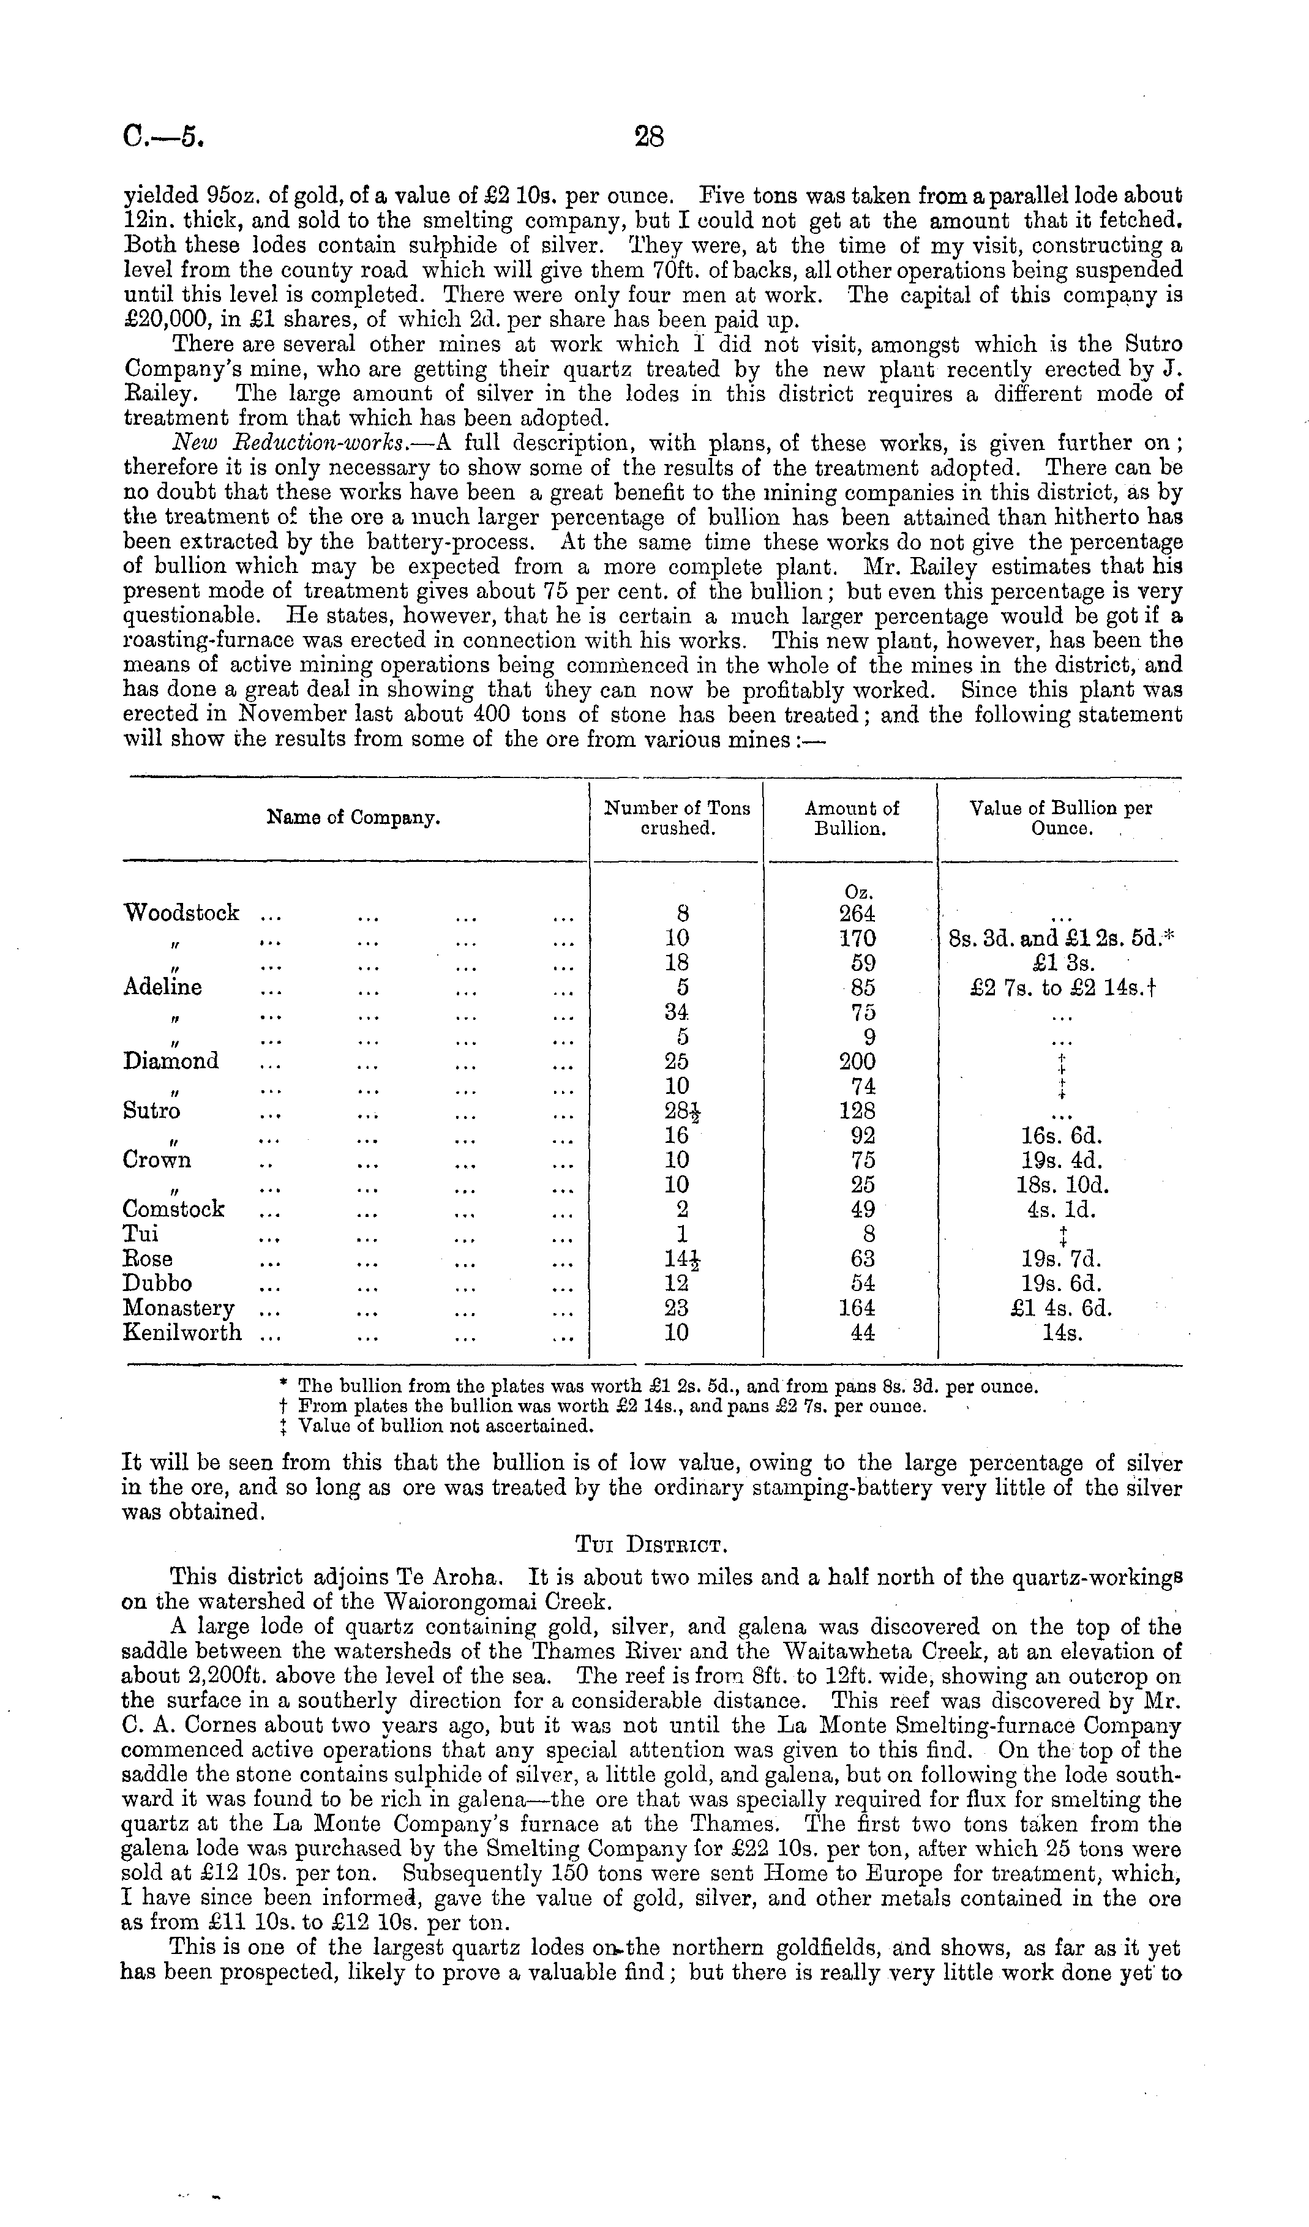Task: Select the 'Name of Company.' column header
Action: pyautogui.click(x=353, y=818)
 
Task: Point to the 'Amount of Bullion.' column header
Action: pyautogui.click(x=851, y=818)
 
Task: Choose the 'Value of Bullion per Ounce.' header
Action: pyautogui.click(x=1060, y=818)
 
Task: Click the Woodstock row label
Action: pyautogui.click(x=181, y=913)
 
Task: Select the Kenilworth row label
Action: pyautogui.click(x=182, y=1333)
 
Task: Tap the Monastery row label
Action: pyautogui.click(x=179, y=1308)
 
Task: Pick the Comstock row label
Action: pyautogui.click(x=174, y=1209)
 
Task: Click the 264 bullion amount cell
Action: pyautogui.click(x=857, y=913)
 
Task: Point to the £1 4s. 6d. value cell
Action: pyautogui.click(x=1060, y=1308)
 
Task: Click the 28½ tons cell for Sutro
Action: pyautogui.click(x=678, y=1111)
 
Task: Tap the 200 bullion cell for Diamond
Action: pyautogui.click(x=857, y=1061)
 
